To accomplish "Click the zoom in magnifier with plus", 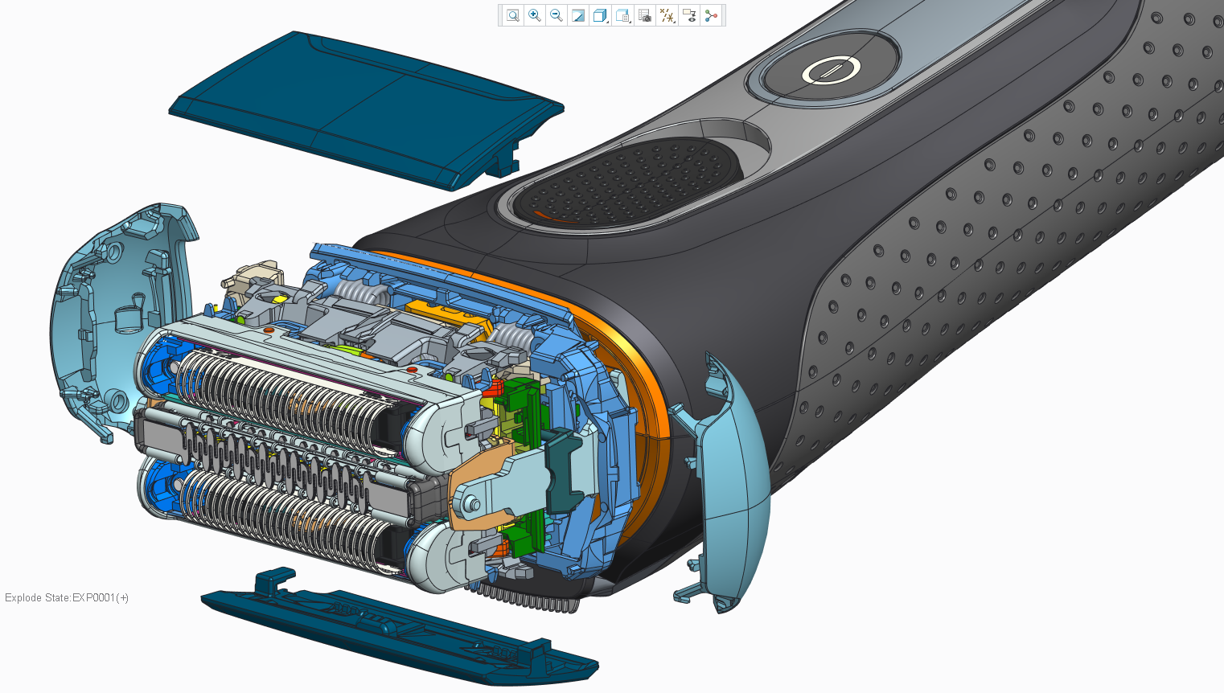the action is coord(535,15).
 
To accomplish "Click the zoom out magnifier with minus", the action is coord(557,15).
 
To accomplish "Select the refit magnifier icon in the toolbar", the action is coord(512,15).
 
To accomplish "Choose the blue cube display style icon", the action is coord(600,15).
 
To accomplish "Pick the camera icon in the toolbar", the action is coord(645,15).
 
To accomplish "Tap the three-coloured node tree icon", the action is coord(711,15).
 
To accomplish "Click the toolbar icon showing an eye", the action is coord(689,15).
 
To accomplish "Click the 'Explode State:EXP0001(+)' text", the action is coord(67,597).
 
